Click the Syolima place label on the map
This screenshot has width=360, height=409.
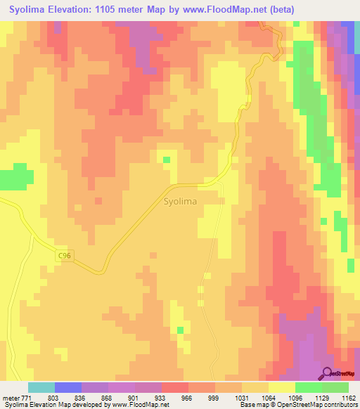pos(180,201)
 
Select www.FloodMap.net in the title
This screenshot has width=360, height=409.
pos(225,9)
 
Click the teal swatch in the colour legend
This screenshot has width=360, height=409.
pos(41,388)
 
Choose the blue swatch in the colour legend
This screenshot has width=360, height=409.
pos(68,388)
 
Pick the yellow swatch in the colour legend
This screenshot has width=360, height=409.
pos(281,388)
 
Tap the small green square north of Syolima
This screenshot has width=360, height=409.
pos(167,160)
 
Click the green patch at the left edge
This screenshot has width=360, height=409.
pos(15,177)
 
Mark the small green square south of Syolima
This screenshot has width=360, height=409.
pos(181,330)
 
